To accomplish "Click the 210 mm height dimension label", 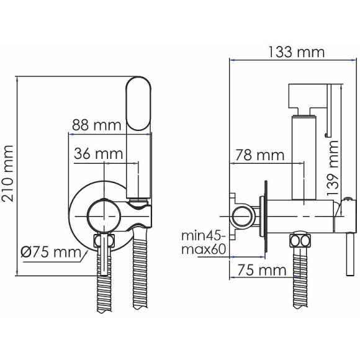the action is click(x=7, y=174).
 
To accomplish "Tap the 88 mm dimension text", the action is click(x=96, y=125).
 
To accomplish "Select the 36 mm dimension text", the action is click(x=98, y=153).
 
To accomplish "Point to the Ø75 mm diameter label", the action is click(x=51, y=252).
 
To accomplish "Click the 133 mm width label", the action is click(x=296, y=52).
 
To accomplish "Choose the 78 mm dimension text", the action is click(x=260, y=155).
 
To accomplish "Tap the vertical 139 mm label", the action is click(x=333, y=168).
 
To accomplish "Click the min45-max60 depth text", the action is click(x=204, y=243).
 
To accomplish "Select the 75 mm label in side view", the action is click(x=262, y=270).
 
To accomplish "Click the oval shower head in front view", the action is click(x=138, y=104).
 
